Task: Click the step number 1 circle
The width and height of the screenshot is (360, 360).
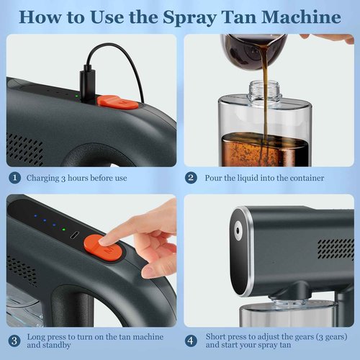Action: [x=14, y=177]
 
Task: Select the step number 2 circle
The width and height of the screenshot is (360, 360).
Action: [x=192, y=177]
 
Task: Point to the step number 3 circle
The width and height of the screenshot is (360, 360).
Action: [x=14, y=341]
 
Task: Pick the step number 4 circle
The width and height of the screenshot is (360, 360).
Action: [x=192, y=341]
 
